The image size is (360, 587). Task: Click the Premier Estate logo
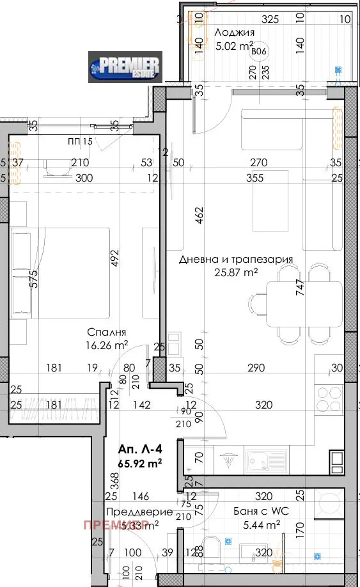125,67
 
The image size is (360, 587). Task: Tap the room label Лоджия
235,33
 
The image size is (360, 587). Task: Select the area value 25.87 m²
236,272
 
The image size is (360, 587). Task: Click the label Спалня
107,333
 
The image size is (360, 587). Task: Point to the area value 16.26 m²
107,345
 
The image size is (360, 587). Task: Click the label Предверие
130,512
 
